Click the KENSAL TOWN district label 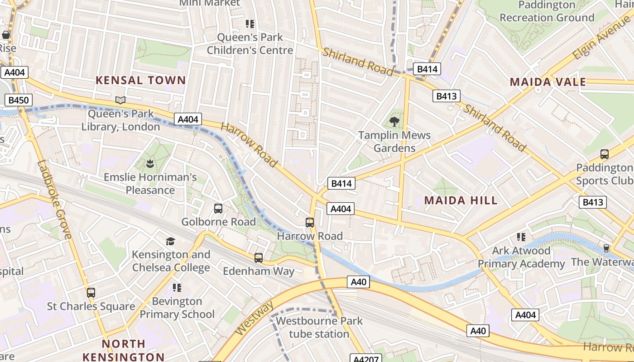pyautogui.click(x=141, y=81)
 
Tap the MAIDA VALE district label pyautogui.click(x=548, y=82)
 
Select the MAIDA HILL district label pyautogui.click(x=461, y=200)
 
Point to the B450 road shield pyautogui.click(x=17, y=100)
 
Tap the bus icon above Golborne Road pyautogui.click(x=218, y=209)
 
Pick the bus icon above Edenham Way pyautogui.click(x=259, y=258)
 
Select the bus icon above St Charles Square pyautogui.click(x=91, y=293)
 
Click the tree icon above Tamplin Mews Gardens pyautogui.click(x=394, y=121)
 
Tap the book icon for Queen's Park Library pyautogui.click(x=120, y=100)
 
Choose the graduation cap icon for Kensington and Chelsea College pyautogui.click(x=170, y=241)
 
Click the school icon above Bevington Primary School pyautogui.click(x=177, y=288)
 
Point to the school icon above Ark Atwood pyautogui.click(x=521, y=237)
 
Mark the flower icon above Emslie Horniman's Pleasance pyautogui.click(x=150, y=163)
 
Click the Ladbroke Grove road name pyautogui.click(x=54, y=199)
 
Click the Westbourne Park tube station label pyautogui.click(x=319, y=328)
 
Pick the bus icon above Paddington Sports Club pyautogui.click(x=604, y=154)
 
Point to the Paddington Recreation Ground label pyautogui.click(x=547, y=11)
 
